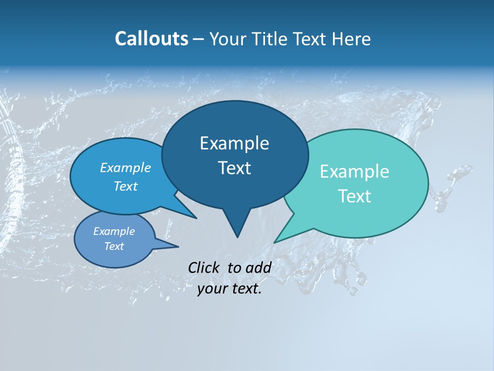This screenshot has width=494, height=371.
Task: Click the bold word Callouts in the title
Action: (x=151, y=39)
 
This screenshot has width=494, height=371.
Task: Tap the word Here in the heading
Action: (x=352, y=39)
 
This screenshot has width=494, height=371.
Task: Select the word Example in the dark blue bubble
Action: (x=234, y=143)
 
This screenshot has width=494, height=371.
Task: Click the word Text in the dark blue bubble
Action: (x=234, y=168)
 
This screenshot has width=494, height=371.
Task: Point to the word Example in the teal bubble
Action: (x=355, y=172)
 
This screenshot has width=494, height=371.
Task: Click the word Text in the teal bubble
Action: (x=355, y=196)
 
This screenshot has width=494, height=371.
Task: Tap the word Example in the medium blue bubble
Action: (x=126, y=167)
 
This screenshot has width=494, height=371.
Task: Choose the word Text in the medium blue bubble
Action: (x=126, y=186)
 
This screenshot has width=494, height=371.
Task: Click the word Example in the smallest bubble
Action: (x=114, y=231)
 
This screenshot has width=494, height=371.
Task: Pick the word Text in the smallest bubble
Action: (x=114, y=246)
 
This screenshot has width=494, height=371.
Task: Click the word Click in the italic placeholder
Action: (x=204, y=267)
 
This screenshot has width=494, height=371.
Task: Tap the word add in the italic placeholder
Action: (x=258, y=267)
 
